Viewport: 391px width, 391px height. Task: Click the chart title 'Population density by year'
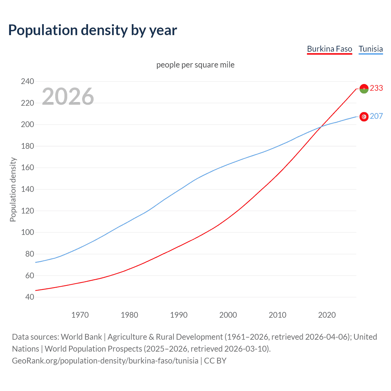pos(93,30)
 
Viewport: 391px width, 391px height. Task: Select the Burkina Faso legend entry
pos(329,49)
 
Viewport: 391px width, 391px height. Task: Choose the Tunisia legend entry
pos(371,49)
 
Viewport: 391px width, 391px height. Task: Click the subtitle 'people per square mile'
pos(195,65)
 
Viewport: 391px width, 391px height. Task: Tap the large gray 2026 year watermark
pos(68,97)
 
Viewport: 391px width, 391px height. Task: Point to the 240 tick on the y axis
pos(27,81)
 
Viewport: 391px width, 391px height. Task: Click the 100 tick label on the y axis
pos(27,232)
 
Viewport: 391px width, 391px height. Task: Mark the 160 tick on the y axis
pos(27,168)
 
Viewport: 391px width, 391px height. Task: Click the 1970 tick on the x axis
pos(80,315)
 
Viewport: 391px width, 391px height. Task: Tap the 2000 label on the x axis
pos(228,315)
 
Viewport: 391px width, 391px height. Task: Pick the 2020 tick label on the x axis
pos(327,315)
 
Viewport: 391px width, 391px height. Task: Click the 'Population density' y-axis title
pos(13,189)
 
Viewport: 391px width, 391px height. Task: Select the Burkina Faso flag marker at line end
pos(364,89)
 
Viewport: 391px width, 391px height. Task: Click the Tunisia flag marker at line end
pos(364,117)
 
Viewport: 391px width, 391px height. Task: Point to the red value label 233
pos(376,88)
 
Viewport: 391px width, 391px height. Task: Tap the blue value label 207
pos(376,116)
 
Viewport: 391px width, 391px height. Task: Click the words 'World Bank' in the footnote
pos(81,337)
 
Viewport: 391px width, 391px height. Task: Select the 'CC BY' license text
pos(215,361)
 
